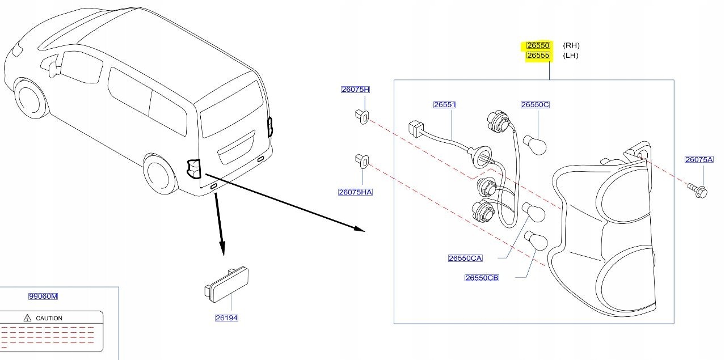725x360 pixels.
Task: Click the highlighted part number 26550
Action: pos(538,45)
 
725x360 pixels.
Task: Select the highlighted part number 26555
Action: pos(538,56)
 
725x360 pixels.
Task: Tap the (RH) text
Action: pos(571,45)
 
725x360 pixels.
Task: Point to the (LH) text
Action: pos(571,56)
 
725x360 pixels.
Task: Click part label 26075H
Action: pos(355,90)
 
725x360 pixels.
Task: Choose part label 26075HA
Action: pos(355,192)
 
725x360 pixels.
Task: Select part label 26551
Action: pos(445,105)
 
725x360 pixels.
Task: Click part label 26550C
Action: pos(535,105)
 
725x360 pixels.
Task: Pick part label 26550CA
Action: pos(465,259)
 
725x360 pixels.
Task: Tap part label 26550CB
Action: pos(482,278)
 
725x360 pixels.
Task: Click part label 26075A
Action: pos(698,160)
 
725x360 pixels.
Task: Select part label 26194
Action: pos(226,318)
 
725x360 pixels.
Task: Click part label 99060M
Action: pos(44,297)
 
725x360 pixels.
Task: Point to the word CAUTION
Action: pos(49,319)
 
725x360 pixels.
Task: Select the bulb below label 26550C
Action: pos(536,146)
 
